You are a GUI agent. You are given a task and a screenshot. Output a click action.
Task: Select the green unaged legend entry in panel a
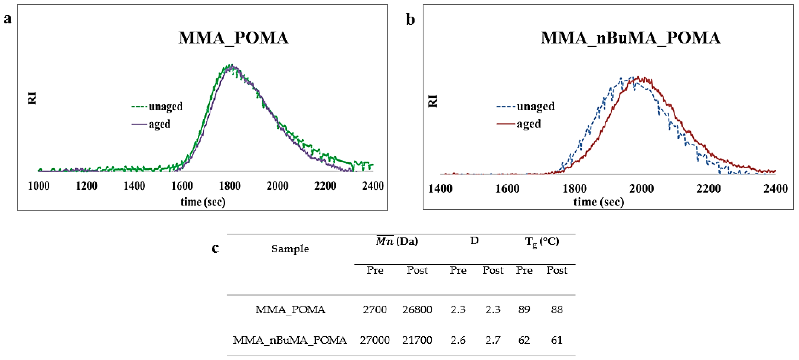tap(157, 106)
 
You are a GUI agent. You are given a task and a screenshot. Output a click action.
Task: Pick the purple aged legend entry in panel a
tap(152, 124)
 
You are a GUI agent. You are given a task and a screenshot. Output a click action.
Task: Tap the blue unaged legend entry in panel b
tap(526, 106)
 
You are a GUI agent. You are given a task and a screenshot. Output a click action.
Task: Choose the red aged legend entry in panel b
tap(519, 124)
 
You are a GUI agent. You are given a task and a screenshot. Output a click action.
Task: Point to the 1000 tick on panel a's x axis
tap(39, 186)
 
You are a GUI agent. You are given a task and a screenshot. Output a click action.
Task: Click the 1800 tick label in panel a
tap(230, 186)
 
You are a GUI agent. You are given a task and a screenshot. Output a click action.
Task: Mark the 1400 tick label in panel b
tap(440, 189)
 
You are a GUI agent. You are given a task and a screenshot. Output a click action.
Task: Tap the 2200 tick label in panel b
tap(709, 189)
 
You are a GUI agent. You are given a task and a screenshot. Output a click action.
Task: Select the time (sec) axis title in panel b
tap(599, 202)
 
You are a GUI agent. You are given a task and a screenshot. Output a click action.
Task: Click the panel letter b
tap(410, 20)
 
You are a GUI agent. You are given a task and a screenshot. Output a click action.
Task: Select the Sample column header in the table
tap(290, 249)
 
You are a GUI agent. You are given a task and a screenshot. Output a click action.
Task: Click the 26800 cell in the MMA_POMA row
tap(417, 310)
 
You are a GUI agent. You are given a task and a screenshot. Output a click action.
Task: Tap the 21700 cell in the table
tap(417, 340)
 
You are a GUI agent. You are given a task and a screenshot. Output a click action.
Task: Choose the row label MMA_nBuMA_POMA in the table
tap(290, 340)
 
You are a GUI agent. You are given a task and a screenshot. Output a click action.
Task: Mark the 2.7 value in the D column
tap(493, 340)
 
